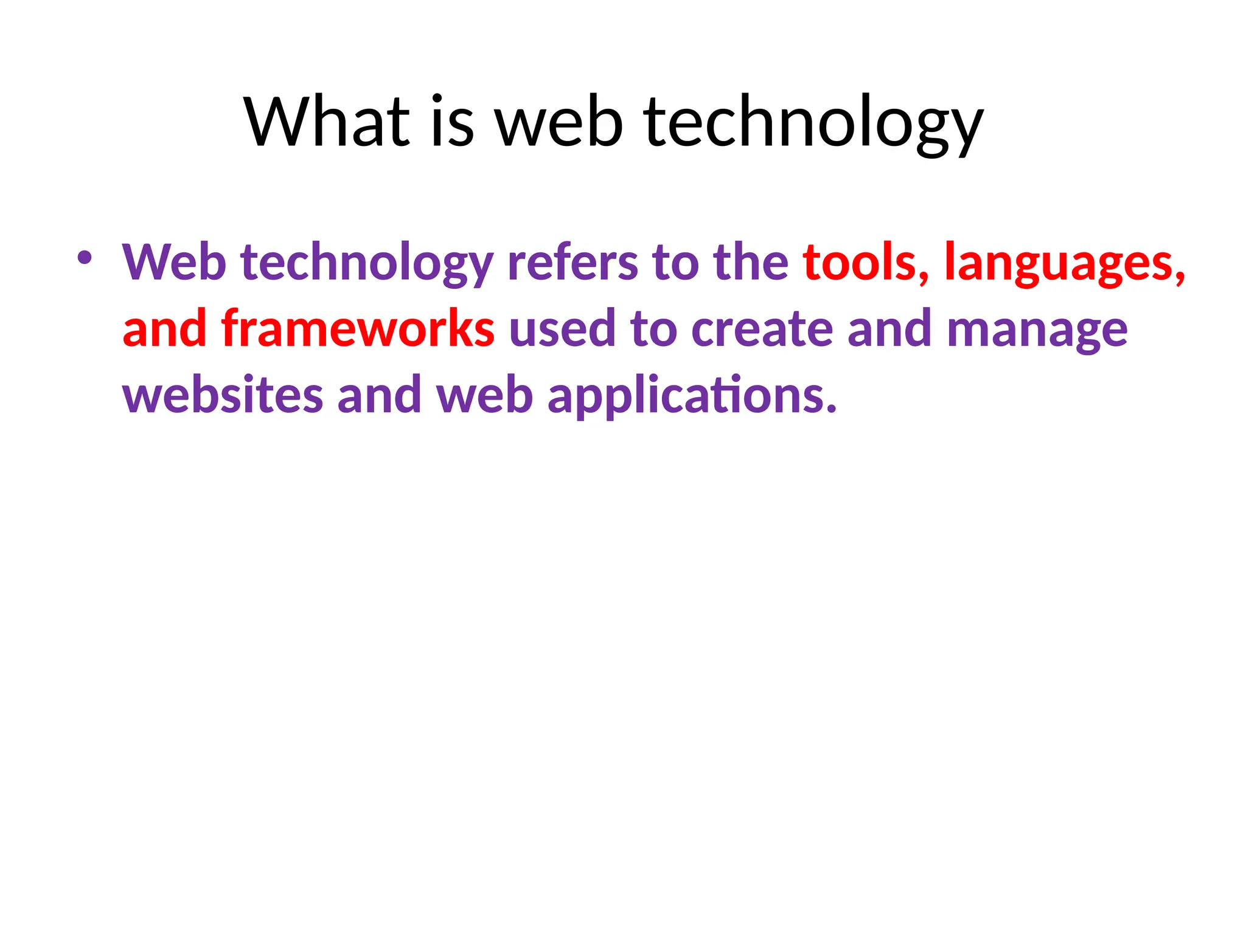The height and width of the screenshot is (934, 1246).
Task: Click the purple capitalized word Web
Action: [174, 263]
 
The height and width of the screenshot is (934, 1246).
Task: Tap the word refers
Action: [573, 263]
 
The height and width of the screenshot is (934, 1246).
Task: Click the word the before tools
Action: [751, 263]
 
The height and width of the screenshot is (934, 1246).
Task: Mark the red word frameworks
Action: [358, 329]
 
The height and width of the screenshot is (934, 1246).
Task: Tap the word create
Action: [762, 329]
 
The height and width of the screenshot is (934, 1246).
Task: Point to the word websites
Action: [223, 395]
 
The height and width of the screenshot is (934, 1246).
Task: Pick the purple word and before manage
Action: [889, 329]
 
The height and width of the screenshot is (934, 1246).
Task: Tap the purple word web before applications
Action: [485, 395]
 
